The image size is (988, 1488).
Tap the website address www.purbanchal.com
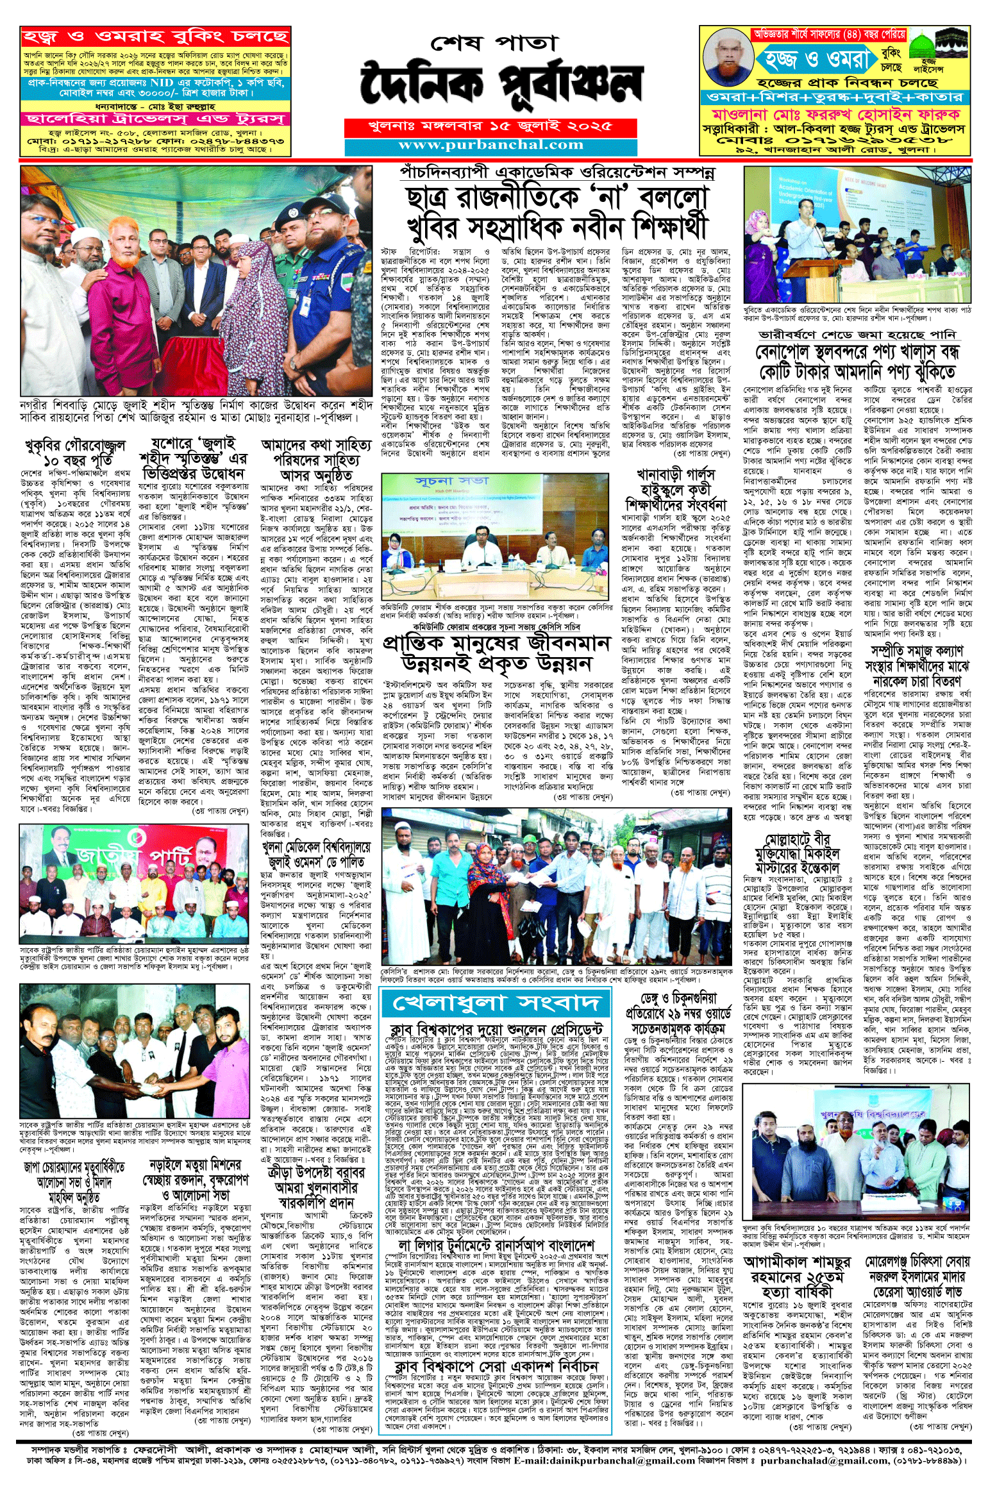490,145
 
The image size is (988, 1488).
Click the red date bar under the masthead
490,126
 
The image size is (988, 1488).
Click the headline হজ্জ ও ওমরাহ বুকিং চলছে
155,37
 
